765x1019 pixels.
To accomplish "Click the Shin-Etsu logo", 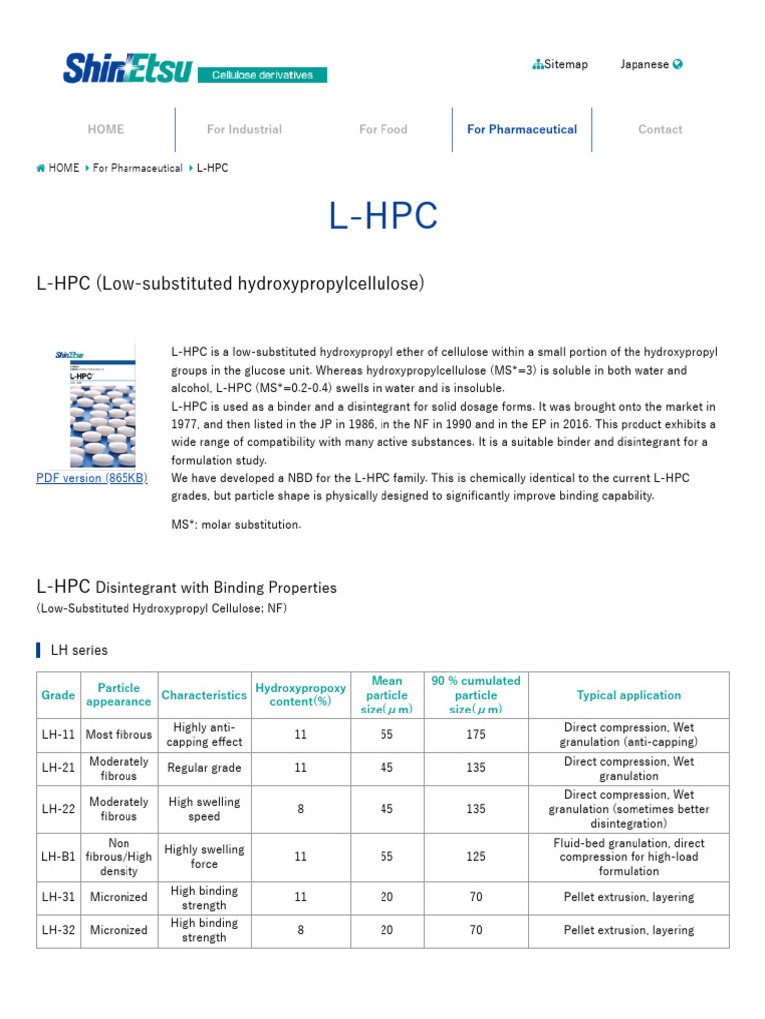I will pos(127,68).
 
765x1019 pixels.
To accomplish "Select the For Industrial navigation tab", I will pos(244,129).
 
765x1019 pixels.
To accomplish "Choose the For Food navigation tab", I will pos(383,129).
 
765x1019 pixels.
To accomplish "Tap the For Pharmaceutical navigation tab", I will pos(522,129).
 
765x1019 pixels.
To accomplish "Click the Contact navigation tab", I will pos(660,129).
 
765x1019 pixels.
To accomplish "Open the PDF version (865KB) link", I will pos(92,478).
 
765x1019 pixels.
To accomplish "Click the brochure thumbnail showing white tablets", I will pos(96,406).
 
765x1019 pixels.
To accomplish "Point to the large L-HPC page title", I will pos(382,216).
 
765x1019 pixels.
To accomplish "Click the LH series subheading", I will pos(79,650).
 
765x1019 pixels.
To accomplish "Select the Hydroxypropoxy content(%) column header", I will pos(301,695).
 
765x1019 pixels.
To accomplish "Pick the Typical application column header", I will pos(629,695).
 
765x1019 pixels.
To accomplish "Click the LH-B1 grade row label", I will pos(56,856).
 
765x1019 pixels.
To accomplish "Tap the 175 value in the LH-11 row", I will pos(476,735).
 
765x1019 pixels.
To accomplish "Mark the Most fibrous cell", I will pos(119,735).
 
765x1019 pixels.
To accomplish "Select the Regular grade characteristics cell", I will pos(204,768).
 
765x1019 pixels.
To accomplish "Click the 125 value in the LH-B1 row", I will pos(476,856).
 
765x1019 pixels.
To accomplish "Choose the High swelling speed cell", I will pos(204,809).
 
